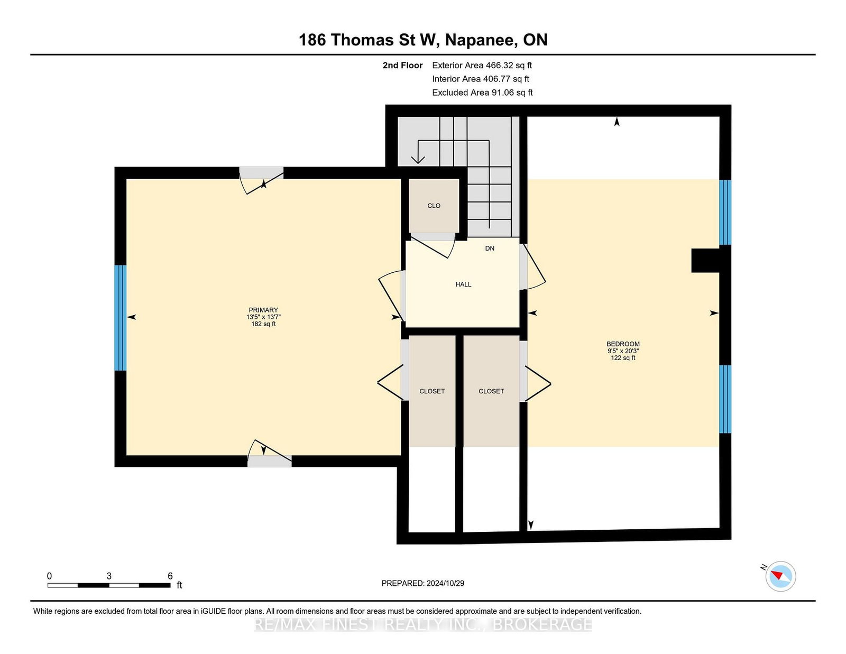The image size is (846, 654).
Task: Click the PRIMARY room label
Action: point(263,310)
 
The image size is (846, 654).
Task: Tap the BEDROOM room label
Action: point(623,344)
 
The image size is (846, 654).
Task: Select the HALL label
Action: point(463,284)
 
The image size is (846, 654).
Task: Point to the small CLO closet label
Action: point(434,206)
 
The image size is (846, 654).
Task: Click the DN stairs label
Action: point(490,248)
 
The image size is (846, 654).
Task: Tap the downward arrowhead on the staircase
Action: point(418,160)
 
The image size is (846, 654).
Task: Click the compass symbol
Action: point(780,576)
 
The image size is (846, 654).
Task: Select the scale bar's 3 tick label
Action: point(109,576)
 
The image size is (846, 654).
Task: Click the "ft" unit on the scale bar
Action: point(179,585)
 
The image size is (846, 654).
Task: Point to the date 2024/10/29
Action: point(445,583)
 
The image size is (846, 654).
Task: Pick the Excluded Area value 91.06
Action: point(502,93)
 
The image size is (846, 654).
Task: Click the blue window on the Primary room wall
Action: point(121,318)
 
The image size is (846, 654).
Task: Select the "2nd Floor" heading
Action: point(402,66)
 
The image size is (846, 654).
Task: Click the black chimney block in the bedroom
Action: point(705,261)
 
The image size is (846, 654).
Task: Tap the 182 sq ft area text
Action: point(263,324)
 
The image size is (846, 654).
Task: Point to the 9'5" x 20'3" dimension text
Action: point(623,351)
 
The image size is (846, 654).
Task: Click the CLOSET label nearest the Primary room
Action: point(432,391)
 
